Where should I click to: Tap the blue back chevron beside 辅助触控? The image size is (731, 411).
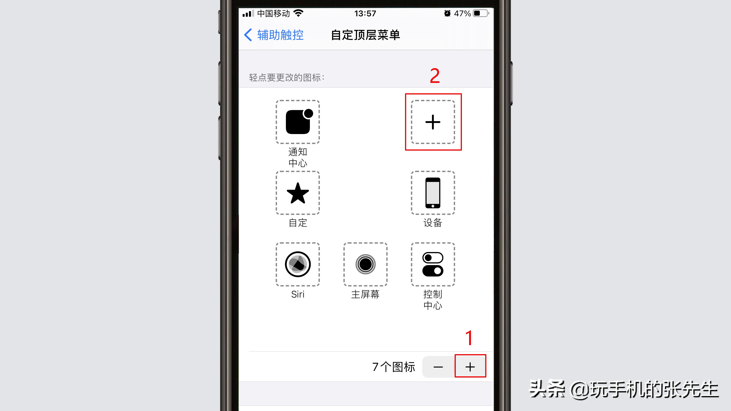click(x=248, y=35)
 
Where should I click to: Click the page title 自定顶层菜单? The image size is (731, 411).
click(x=365, y=35)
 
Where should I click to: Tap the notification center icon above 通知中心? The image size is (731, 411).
click(x=298, y=122)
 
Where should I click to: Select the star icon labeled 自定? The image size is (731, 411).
click(x=298, y=193)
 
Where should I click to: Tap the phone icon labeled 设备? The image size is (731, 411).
click(x=433, y=193)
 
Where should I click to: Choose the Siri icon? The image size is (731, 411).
click(x=298, y=264)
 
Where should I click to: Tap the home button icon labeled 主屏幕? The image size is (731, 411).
click(x=365, y=264)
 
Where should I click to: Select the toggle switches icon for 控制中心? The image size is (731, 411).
click(x=433, y=264)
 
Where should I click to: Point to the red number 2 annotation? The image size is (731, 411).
click(x=435, y=76)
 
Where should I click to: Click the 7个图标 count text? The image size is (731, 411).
click(x=394, y=367)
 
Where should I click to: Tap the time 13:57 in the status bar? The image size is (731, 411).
click(x=365, y=13)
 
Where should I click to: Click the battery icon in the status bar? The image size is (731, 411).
click(x=481, y=13)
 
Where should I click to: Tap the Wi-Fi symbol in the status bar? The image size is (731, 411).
click(x=298, y=13)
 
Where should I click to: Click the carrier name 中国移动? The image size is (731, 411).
click(x=273, y=13)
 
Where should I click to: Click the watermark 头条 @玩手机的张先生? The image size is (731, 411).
click(x=624, y=389)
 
